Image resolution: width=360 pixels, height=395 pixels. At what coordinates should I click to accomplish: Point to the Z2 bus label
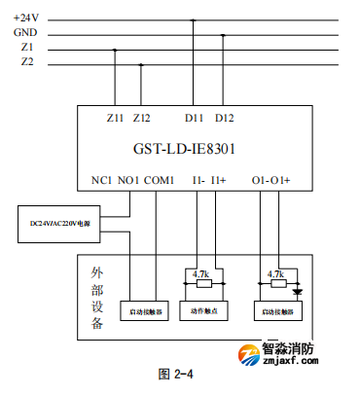tap(28, 63)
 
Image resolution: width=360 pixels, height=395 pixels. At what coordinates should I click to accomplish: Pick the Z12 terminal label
tap(142, 118)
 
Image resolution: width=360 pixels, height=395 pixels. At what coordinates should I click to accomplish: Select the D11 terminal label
tap(195, 118)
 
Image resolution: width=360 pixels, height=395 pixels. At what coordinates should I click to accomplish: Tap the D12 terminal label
tap(224, 118)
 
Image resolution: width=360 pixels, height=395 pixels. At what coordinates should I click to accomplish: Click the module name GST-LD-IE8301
tap(184, 150)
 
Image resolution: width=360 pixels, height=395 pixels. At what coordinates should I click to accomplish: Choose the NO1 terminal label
tap(127, 180)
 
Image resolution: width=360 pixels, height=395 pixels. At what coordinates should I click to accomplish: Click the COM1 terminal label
tap(159, 180)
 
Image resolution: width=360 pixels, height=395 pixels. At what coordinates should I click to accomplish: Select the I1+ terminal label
tap(218, 180)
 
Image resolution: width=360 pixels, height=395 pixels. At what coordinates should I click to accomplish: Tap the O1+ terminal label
tap(282, 180)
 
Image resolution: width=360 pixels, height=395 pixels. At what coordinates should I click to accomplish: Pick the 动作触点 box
tap(203, 311)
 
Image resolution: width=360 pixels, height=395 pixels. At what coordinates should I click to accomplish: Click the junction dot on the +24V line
tap(195, 18)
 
